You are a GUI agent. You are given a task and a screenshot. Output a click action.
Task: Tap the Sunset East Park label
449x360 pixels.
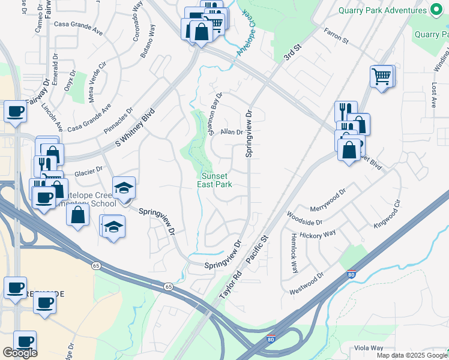coord(215,180)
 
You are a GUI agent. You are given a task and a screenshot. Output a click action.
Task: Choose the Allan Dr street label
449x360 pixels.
coord(231,132)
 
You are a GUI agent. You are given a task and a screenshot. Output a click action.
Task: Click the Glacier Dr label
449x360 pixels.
coord(88,173)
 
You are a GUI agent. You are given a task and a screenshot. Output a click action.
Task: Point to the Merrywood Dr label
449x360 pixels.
coord(328,200)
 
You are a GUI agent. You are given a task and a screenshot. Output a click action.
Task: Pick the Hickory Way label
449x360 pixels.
coord(318,233)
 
